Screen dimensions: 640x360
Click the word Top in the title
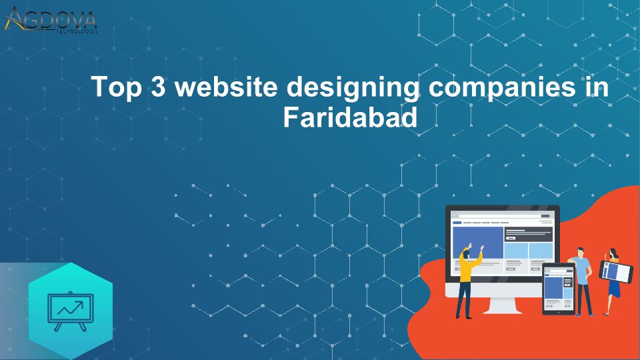116,87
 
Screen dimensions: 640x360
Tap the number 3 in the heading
159,86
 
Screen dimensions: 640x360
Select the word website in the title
226,86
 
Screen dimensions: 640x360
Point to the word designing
353,88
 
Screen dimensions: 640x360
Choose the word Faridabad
350,117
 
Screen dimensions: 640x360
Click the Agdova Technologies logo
51,19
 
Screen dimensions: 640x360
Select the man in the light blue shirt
582,281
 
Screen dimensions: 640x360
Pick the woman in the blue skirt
612,281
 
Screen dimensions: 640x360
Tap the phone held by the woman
616,272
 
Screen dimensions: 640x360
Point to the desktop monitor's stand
502,306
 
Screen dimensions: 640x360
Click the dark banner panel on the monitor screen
528,234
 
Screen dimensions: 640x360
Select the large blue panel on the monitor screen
478,243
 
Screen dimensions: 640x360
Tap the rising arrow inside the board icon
70,308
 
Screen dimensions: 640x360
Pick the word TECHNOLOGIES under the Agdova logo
77,31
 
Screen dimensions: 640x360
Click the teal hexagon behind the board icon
70,310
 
